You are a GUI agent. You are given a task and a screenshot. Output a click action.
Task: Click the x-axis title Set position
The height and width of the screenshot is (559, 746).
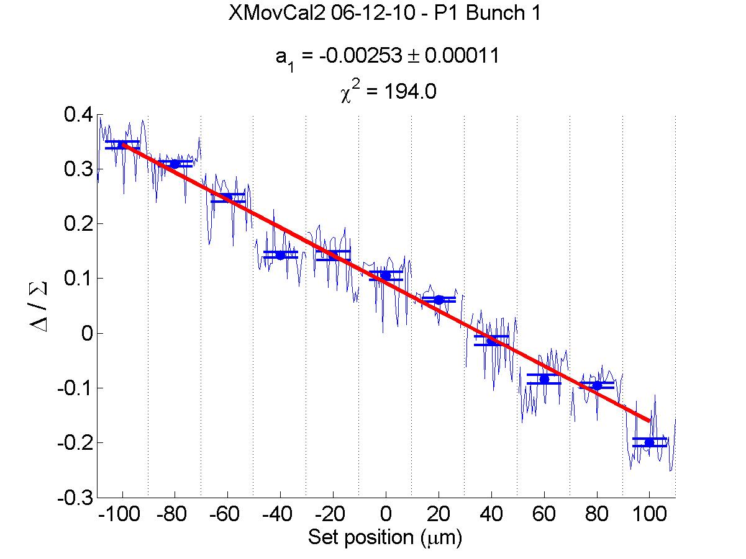click(x=385, y=537)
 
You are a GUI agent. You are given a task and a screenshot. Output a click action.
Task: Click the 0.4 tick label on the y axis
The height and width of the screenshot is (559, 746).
click(x=78, y=115)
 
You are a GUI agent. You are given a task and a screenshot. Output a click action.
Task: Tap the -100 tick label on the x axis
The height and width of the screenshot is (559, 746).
click(x=122, y=516)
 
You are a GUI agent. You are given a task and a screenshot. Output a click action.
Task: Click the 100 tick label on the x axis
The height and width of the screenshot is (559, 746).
click(x=649, y=516)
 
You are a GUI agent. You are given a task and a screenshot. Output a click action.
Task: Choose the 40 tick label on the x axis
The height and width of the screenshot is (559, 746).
click(x=491, y=516)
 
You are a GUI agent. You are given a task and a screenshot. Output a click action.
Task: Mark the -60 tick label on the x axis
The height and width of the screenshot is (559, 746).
click(x=227, y=516)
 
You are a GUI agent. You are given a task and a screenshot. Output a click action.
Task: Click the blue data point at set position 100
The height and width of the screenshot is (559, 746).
click(x=649, y=442)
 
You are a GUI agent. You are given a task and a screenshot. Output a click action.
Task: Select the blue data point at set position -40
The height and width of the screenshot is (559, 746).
click(x=280, y=255)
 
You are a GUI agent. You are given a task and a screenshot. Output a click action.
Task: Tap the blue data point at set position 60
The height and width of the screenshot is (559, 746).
click(x=544, y=378)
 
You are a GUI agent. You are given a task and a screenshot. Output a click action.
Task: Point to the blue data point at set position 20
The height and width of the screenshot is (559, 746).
click(x=439, y=300)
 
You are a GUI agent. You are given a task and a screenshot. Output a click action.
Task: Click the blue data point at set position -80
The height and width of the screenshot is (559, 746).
click(x=175, y=164)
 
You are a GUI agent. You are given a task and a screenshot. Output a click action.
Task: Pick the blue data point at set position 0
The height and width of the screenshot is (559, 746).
click(x=386, y=275)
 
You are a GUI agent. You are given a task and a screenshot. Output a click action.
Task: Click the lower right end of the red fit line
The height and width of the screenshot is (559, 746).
click(x=648, y=421)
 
